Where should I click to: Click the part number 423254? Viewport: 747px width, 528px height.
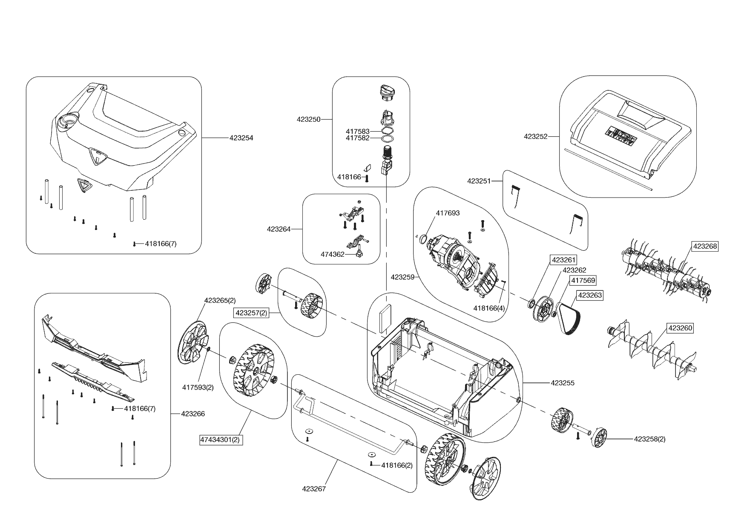coord(241,138)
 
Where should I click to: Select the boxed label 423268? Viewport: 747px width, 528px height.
coord(705,247)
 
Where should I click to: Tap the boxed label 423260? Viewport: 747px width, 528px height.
coord(680,328)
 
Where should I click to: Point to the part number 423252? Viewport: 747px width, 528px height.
coord(535,137)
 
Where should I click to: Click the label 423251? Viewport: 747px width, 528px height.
coord(479,181)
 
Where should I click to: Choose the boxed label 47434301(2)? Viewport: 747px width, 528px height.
coord(221,439)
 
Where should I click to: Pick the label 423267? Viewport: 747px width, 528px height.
coord(314,489)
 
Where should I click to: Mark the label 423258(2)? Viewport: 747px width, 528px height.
coord(649,439)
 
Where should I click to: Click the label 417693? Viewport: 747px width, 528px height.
coord(448,213)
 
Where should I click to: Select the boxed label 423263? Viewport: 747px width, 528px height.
coord(590,295)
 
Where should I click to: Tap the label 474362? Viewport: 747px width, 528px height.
coord(332,255)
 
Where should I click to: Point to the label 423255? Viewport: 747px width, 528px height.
coord(563,383)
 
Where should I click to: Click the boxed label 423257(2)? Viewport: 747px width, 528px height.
coord(251,313)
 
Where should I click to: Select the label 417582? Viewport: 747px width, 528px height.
coord(357,138)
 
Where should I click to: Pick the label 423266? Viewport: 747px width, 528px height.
coord(193,413)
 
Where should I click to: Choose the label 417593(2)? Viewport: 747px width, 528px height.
coord(198,387)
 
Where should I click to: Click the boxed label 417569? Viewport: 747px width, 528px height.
coord(583,281)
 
